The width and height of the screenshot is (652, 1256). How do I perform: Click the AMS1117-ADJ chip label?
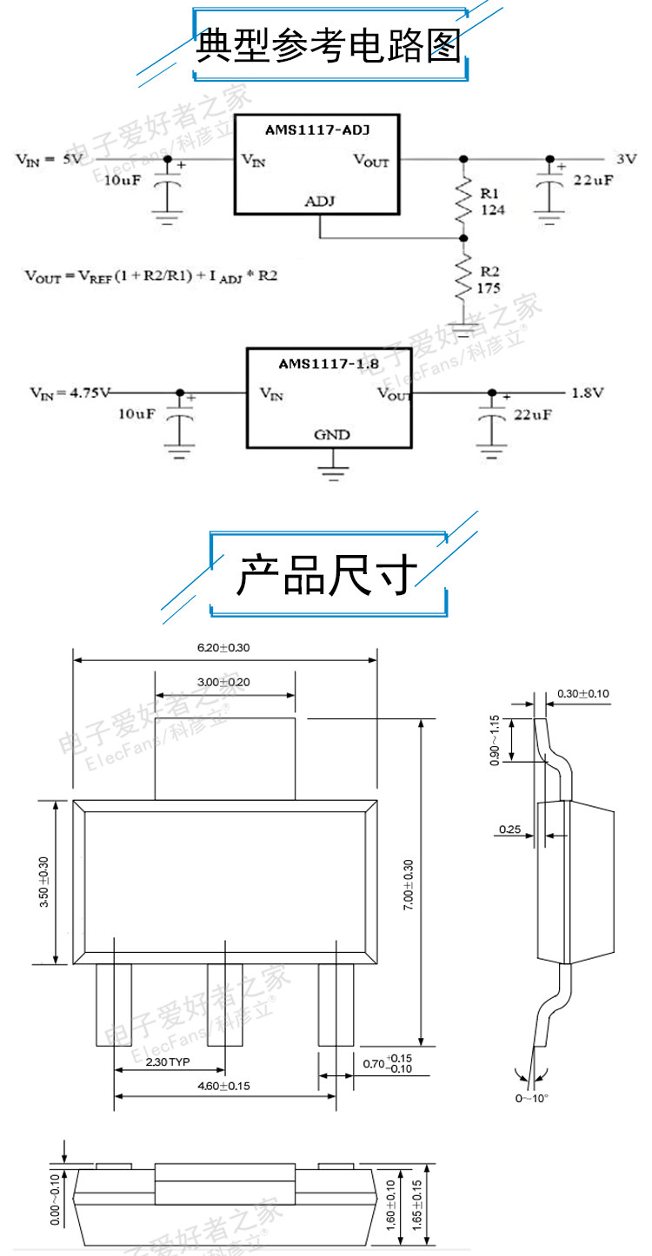tap(317, 130)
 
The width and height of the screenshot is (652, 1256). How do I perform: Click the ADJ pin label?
tap(320, 202)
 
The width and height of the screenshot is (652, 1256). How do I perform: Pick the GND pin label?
tap(331, 433)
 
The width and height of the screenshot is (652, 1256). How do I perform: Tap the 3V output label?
tap(626, 159)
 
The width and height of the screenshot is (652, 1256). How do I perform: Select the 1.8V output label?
tap(587, 393)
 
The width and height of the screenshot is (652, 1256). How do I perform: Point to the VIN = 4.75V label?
tap(70, 393)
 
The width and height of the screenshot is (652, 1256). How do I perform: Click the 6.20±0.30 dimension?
tap(224, 647)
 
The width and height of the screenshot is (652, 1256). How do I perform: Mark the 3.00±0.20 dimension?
tap(223, 682)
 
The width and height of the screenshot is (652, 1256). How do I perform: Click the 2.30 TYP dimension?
tap(168, 1062)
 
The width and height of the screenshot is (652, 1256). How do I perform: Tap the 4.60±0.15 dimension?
tap(223, 1086)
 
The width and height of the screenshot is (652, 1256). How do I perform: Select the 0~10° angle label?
tap(532, 1098)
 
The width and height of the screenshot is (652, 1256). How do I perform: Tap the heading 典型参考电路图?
tap(328, 46)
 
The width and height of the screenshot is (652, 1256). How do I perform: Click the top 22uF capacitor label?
tap(593, 181)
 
